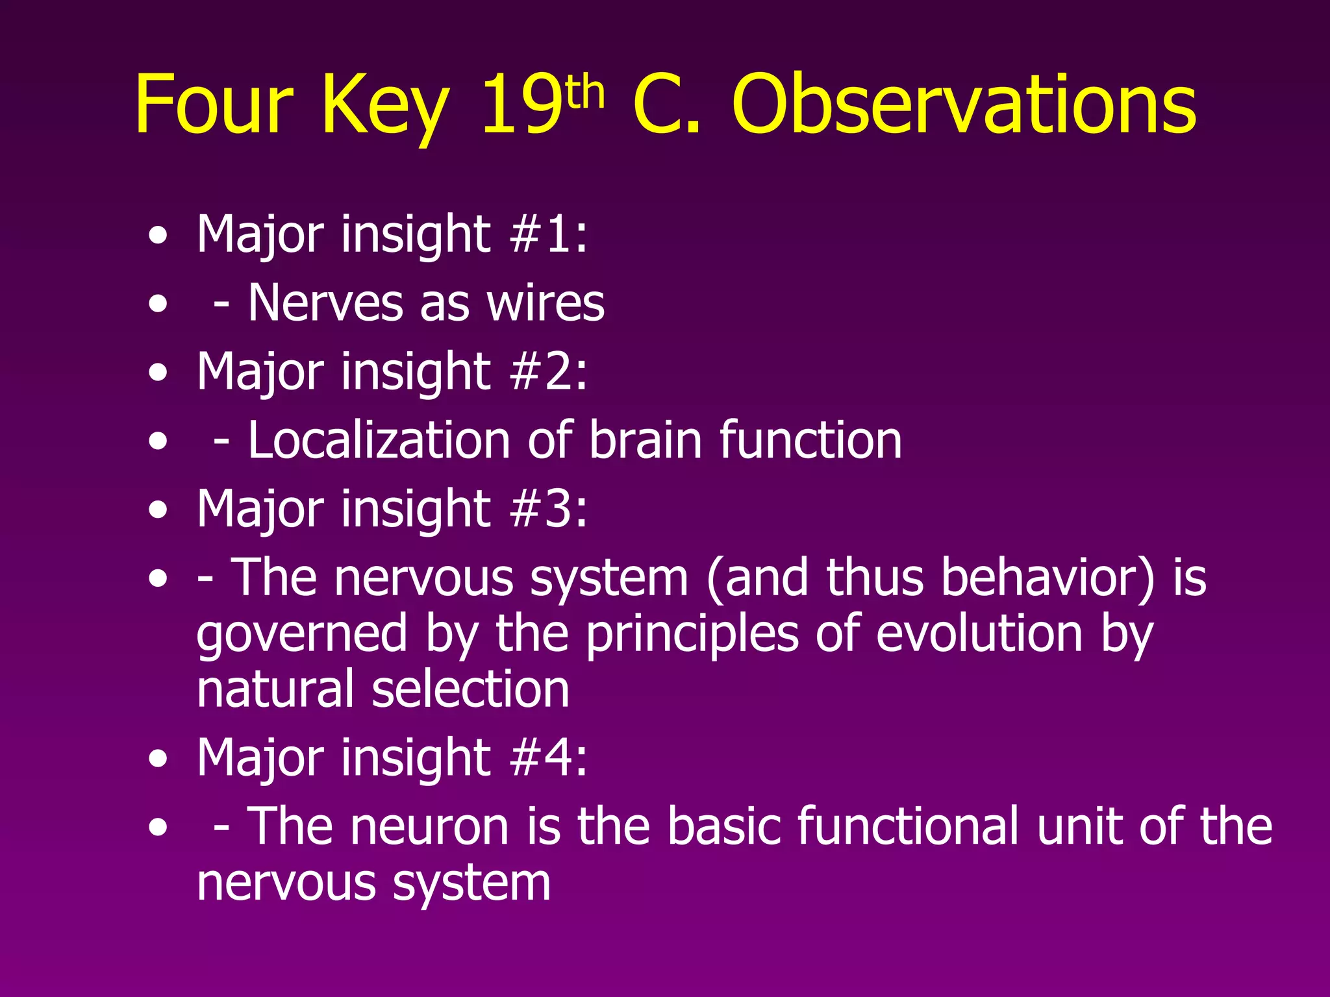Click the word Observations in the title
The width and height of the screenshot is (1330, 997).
coord(964,105)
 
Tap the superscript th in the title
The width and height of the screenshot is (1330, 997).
coord(585,93)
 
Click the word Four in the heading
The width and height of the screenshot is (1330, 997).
coord(214,105)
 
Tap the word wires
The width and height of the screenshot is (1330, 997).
coord(546,303)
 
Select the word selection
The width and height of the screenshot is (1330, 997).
coord(470,689)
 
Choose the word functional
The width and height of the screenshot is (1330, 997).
coord(909,826)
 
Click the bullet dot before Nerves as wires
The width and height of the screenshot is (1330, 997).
coord(157,304)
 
